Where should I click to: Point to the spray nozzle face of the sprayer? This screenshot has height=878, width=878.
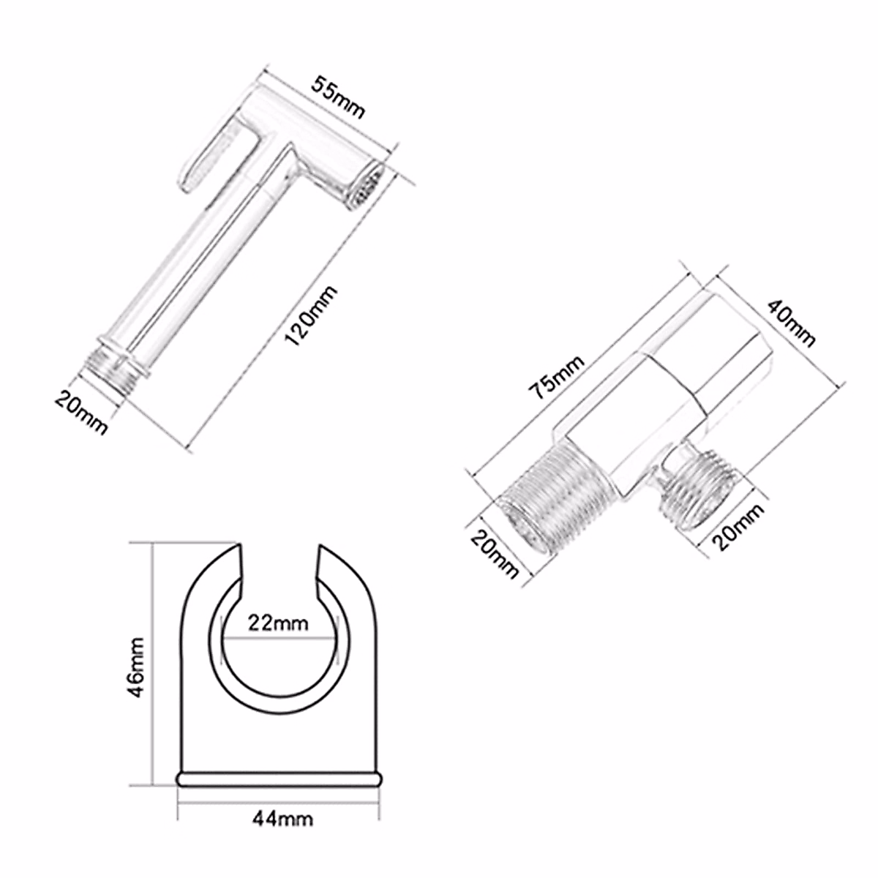pos(365,187)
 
